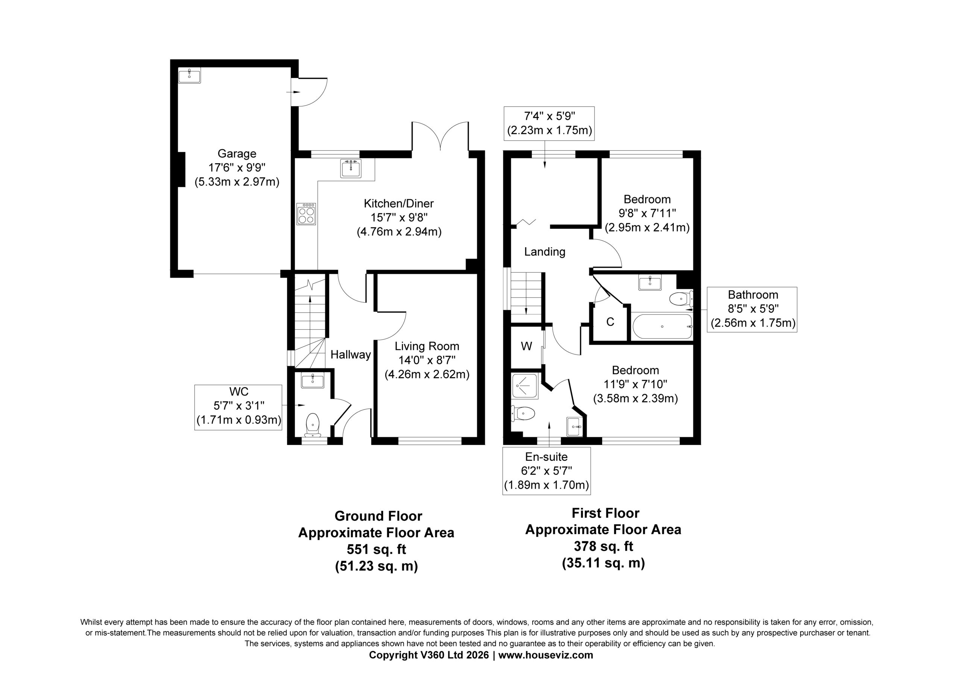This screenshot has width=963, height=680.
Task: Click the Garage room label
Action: click(237, 153)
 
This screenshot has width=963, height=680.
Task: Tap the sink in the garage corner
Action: click(189, 76)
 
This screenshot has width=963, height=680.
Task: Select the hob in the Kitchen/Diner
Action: click(306, 214)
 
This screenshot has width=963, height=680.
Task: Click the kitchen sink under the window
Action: click(351, 168)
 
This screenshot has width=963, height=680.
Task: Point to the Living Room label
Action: click(427, 346)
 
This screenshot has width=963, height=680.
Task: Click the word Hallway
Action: click(351, 355)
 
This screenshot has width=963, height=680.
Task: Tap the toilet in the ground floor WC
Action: click(313, 425)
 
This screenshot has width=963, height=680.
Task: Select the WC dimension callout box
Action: click(238, 407)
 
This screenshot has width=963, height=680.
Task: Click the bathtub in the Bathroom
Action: click(662, 326)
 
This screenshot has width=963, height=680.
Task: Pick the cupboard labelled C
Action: click(610, 322)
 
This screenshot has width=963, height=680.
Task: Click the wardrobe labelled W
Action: click(526, 346)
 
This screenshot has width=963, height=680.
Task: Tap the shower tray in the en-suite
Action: click(525, 385)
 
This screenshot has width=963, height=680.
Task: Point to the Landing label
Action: click(544, 251)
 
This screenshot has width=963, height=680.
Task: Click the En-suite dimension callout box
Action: click(547, 471)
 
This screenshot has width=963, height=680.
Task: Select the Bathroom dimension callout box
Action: click(752, 309)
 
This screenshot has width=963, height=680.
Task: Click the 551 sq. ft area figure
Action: click(376, 549)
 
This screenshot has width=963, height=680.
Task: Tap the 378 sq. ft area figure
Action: click(603, 546)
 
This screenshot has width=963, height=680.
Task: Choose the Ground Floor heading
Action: click(378, 516)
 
